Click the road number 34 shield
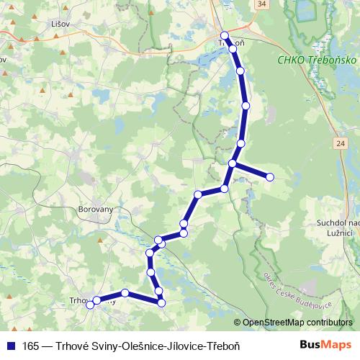tap(261, 4)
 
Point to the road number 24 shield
tap(339, 144)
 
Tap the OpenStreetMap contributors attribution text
tap(297, 323)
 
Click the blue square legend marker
tap(11, 346)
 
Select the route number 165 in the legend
tap(31, 346)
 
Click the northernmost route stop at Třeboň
tap(225, 35)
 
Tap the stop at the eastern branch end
tap(270, 176)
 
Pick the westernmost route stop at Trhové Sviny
tap(90, 305)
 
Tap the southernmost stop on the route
tap(162, 303)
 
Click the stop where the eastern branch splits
tap(233, 163)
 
